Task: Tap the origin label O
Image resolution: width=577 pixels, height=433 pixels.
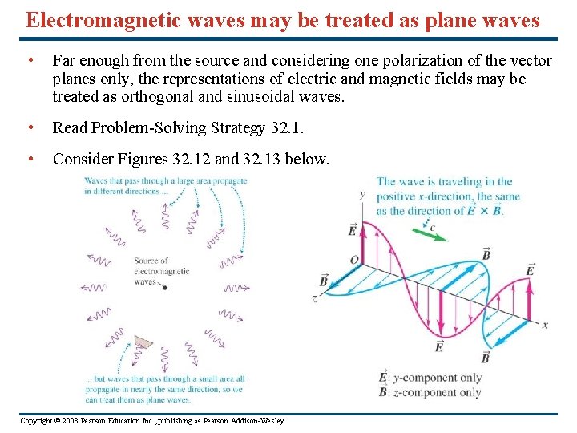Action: pyautogui.click(x=353, y=259)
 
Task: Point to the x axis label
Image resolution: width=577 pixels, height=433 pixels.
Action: pyautogui.click(x=544, y=326)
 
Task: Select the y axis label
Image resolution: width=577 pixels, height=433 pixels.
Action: pyautogui.click(x=362, y=194)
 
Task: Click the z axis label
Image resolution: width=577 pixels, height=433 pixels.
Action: pyautogui.click(x=315, y=300)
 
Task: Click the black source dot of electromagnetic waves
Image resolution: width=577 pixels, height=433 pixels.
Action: pyautogui.click(x=164, y=287)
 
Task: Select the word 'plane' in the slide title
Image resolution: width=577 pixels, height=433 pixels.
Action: pyautogui.click(x=445, y=20)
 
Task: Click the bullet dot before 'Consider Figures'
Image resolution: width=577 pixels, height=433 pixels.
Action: pyautogui.click(x=30, y=159)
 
